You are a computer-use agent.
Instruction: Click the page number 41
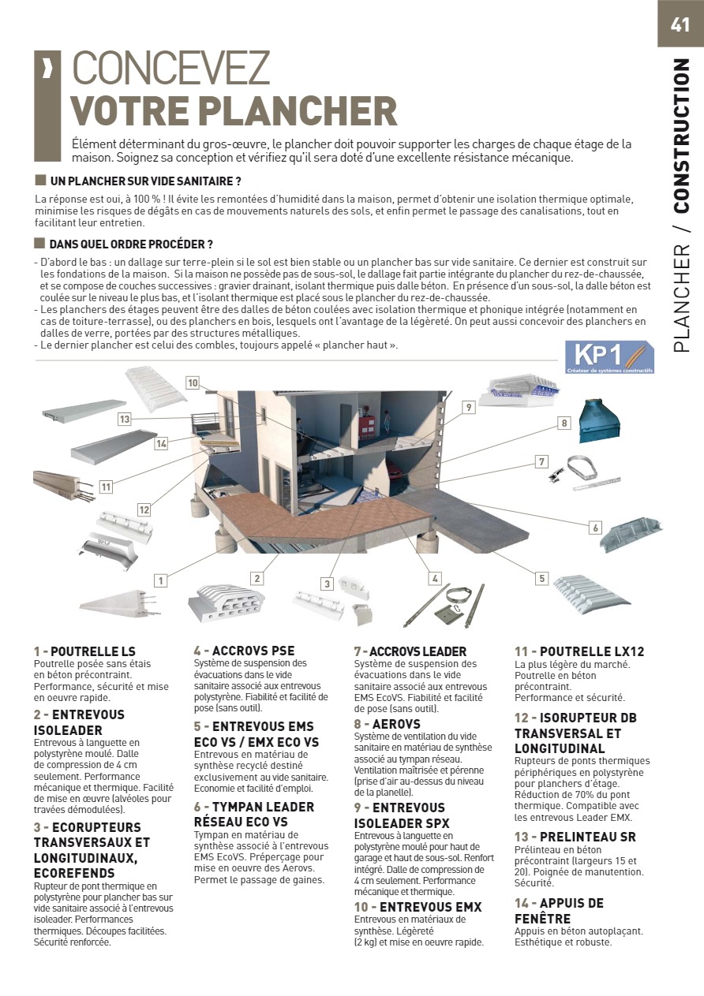tap(680, 24)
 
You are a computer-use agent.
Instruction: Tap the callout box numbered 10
tap(193, 383)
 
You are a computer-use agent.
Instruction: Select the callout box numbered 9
tap(469, 408)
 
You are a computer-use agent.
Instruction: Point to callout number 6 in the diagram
tap(595, 528)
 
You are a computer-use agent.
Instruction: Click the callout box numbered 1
tap(161, 581)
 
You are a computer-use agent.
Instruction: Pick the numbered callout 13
tap(124, 420)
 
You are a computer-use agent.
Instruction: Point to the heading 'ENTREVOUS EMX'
tap(427, 907)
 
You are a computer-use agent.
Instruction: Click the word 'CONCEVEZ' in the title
tap(171, 69)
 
